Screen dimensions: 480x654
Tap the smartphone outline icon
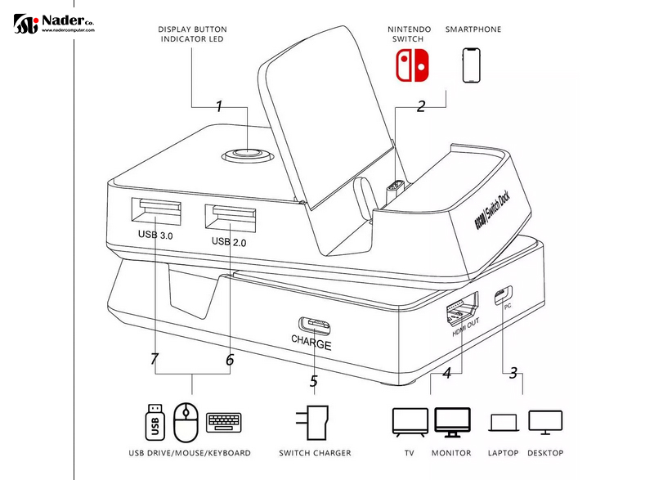472,65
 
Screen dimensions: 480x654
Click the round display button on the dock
243,154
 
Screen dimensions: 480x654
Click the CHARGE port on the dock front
313,326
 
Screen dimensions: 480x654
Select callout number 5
313,380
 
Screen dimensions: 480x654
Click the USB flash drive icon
153,422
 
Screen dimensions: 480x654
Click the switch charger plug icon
315,423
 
